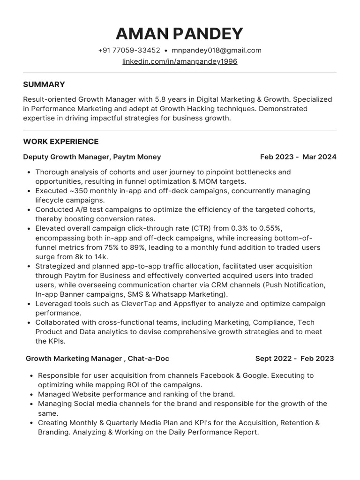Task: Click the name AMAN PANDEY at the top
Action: (x=180, y=34)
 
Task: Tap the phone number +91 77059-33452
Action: (x=129, y=50)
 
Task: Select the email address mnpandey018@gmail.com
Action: (x=216, y=50)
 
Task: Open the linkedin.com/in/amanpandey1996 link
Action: (x=180, y=61)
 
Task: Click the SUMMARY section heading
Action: (x=44, y=84)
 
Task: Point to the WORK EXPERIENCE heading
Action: (x=60, y=142)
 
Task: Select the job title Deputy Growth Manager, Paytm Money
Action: (x=92, y=157)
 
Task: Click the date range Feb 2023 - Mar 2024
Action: (x=298, y=157)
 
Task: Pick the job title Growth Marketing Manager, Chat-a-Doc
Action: (x=97, y=359)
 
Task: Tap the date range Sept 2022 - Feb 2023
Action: (x=294, y=359)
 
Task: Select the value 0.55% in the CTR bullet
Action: (x=271, y=228)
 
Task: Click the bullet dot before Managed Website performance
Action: (x=31, y=395)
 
